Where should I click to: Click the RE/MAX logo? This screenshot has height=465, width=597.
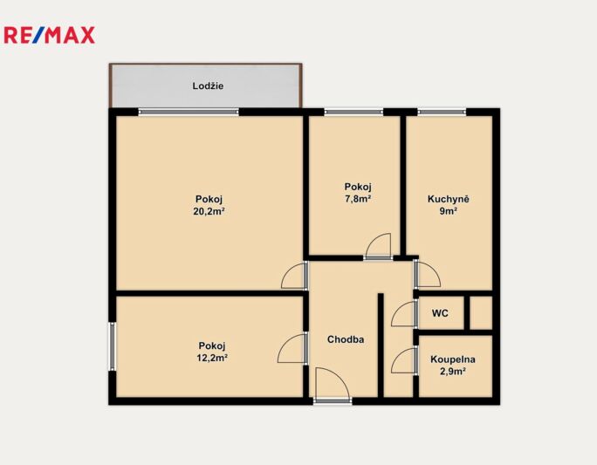tap(49, 35)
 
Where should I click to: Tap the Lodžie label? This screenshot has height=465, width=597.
tap(208, 86)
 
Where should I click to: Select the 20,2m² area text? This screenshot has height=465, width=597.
tap(209, 211)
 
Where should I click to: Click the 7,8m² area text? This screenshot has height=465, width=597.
tap(358, 199)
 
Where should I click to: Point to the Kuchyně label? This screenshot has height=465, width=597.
tap(448, 199)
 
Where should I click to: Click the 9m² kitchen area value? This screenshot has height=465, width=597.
tap(448, 211)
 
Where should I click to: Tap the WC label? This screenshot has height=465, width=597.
tap(440, 313)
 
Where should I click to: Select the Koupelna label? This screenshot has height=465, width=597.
tap(453, 359)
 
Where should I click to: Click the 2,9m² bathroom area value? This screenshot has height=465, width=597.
tap(453, 372)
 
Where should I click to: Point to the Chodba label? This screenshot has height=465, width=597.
tap(346, 339)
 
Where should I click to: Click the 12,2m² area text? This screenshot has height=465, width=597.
tap(212, 358)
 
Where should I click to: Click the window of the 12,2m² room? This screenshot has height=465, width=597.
tap(113, 346)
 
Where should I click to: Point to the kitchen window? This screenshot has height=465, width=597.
tap(442, 112)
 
